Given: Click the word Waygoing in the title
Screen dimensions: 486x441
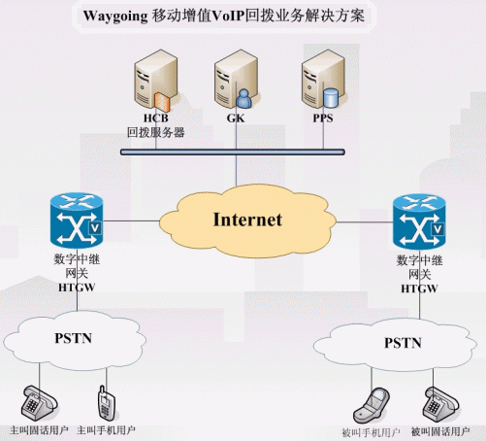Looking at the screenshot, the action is pos(115,17).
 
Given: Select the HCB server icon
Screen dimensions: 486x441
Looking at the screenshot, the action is pos(155,81).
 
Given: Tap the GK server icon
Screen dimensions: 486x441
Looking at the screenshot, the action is pos(236,79).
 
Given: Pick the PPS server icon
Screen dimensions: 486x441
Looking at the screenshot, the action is pos(323,79).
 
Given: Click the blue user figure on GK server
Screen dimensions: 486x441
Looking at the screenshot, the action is pos(243,99).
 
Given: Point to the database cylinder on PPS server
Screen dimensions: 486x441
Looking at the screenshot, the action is pos(331,98).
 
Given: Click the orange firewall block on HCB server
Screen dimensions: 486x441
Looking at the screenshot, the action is pos(162,102).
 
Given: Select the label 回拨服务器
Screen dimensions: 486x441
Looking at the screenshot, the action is pos(155,132).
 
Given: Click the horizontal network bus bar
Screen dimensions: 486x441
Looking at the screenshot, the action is pos(233,152).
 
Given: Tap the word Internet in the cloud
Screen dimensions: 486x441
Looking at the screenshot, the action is pos(247,220).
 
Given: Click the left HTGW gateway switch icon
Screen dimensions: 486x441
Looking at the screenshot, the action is pos(77,220).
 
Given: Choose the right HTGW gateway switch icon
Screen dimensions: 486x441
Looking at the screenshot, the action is pos(419,221).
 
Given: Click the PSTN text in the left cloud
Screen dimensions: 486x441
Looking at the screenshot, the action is pos(74,338).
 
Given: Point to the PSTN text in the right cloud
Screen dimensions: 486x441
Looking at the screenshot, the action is pos(403,343).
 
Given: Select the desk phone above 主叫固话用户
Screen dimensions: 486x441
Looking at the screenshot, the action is pos(40,403).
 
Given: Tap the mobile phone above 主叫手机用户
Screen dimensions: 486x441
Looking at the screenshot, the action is pos(107,403).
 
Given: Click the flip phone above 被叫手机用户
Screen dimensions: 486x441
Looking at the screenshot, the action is pos(372,405).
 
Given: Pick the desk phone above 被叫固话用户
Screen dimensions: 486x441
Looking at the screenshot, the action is pos(440,405).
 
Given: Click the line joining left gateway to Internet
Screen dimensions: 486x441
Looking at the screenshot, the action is pos(131,221).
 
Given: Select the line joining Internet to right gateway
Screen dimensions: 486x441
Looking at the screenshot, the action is pos(365,222).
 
